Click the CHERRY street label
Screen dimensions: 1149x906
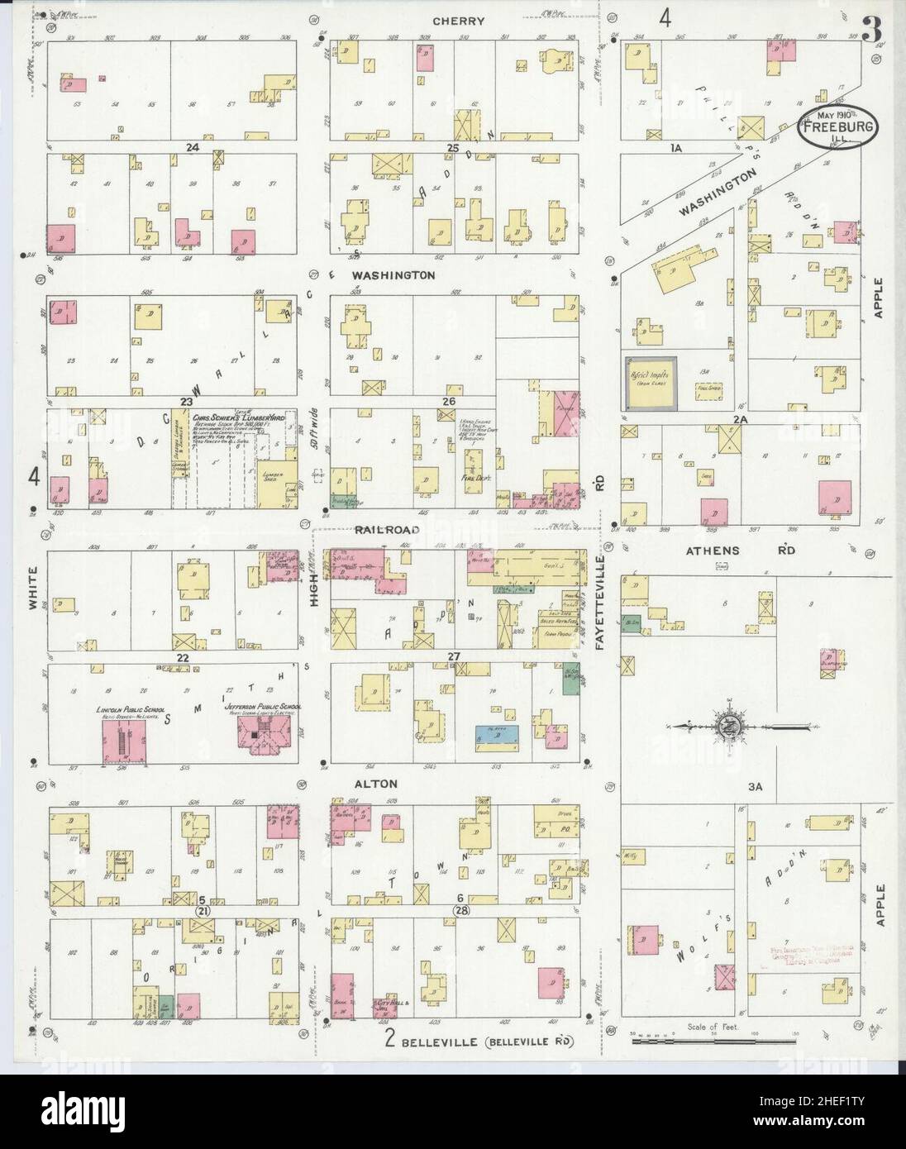463,21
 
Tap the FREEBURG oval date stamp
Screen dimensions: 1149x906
837,126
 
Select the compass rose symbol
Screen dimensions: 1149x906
730,727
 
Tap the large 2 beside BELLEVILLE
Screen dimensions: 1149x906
389,1041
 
